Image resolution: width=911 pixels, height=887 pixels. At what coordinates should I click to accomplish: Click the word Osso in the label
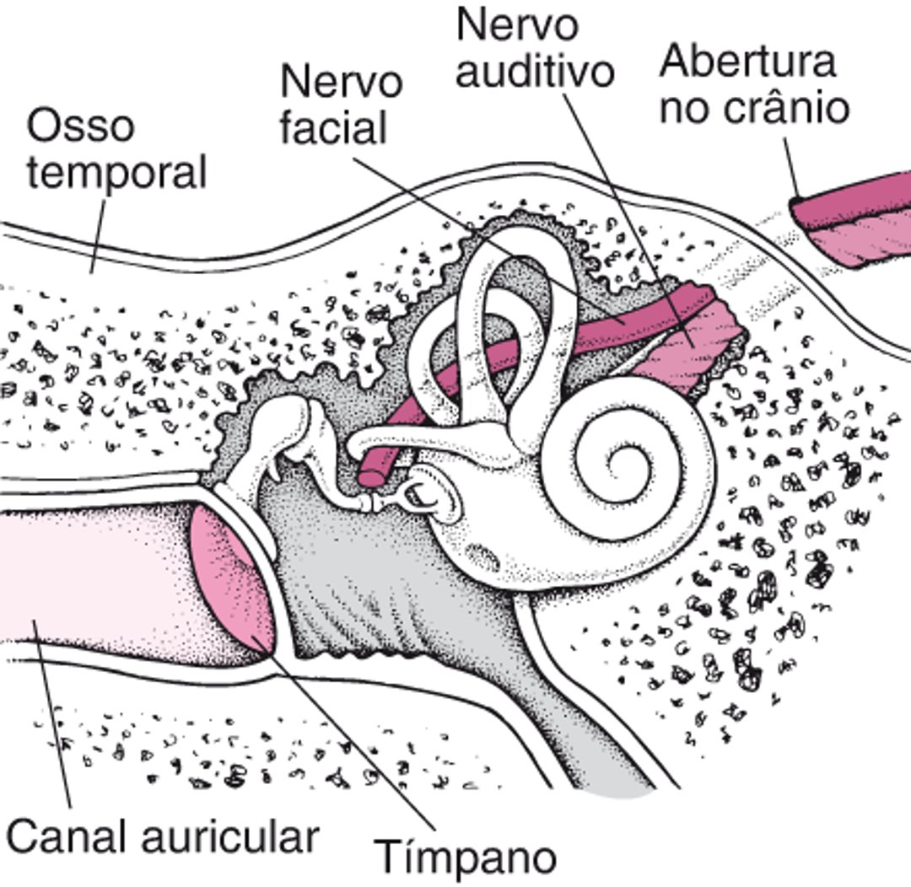pyautogui.click(x=81, y=126)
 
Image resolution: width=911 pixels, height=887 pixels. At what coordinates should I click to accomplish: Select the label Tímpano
pyautogui.click(x=465, y=857)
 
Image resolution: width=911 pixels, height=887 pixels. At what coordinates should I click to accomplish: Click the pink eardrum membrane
pyautogui.click(x=232, y=582)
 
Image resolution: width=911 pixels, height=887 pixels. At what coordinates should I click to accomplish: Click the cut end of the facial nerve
pyautogui.click(x=372, y=476)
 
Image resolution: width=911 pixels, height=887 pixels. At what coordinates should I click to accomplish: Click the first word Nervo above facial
pyautogui.click(x=341, y=83)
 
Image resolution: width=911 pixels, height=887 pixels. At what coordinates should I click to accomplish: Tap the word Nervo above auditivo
pyautogui.click(x=518, y=24)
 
